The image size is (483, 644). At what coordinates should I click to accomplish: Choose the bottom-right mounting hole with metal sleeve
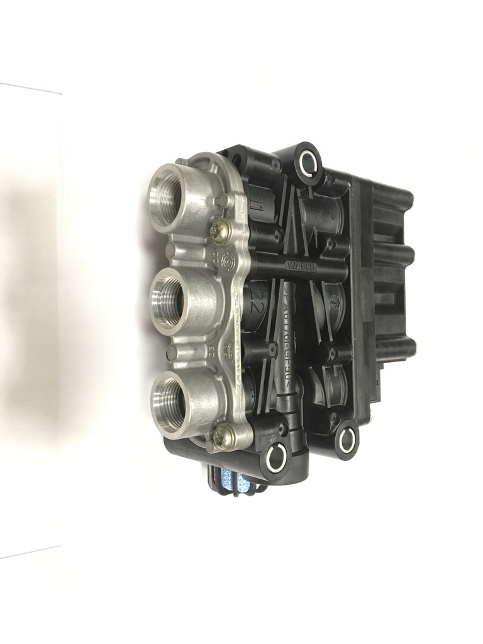[346, 440]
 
